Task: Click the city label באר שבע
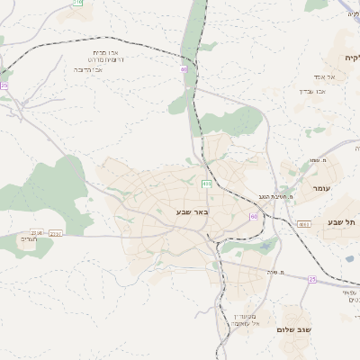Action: point(192,212)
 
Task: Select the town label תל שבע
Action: point(342,222)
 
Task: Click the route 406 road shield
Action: point(207,184)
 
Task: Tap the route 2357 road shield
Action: point(56,233)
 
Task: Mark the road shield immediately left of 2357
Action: point(36,232)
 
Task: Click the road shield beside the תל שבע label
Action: point(303,223)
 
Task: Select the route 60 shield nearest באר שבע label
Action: point(255,216)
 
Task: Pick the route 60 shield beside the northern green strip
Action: point(184,68)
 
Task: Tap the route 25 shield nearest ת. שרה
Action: point(312,280)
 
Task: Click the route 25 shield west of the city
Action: point(4,85)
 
